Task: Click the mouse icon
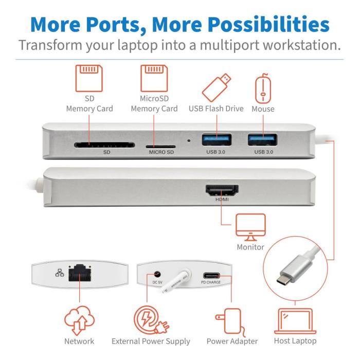pos(263,86)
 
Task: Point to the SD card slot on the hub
pos(104,145)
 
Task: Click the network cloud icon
pos(80,319)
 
